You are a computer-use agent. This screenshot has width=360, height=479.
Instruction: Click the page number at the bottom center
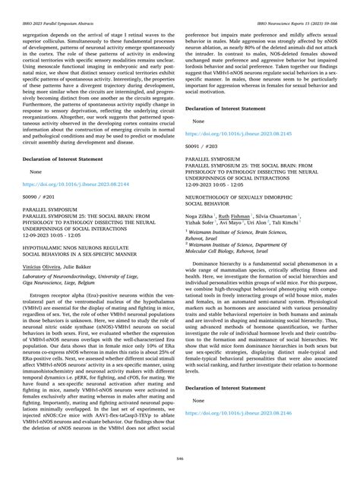(179, 459)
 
